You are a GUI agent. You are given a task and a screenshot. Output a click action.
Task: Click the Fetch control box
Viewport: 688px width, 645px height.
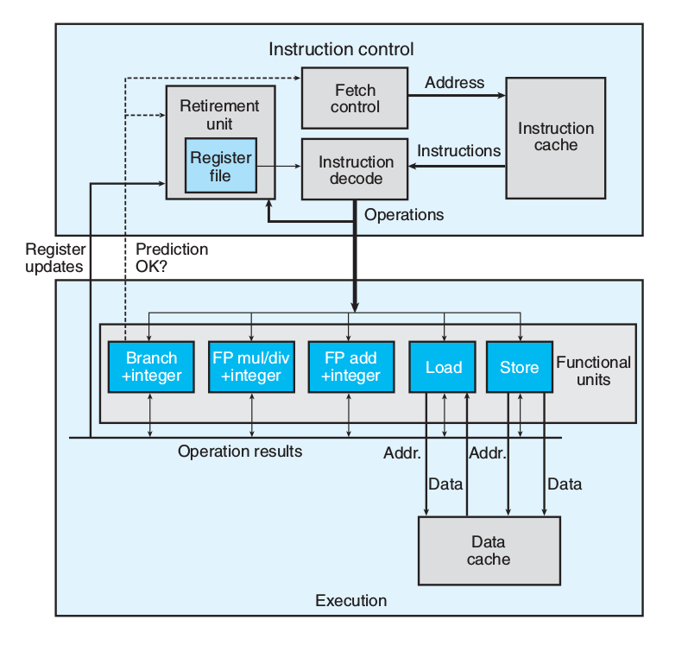(x=355, y=98)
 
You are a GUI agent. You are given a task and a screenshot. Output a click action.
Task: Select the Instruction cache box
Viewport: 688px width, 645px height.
(x=555, y=137)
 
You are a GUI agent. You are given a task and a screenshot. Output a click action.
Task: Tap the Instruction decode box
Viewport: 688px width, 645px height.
(x=356, y=170)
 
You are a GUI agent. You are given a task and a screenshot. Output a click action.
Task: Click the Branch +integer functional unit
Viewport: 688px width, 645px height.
(x=151, y=367)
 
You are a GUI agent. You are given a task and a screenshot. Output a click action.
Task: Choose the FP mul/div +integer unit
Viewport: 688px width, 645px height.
(x=251, y=367)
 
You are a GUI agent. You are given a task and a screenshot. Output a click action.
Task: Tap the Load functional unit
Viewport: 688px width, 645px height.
(x=444, y=367)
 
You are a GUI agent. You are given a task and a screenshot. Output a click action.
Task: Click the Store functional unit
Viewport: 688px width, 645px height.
(x=519, y=367)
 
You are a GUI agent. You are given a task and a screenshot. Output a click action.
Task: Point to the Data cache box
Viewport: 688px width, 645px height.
(x=489, y=551)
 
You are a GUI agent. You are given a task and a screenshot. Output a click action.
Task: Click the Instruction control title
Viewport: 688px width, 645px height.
(x=341, y=49)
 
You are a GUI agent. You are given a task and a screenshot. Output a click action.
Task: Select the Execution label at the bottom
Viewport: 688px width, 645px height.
(x=350, y=600)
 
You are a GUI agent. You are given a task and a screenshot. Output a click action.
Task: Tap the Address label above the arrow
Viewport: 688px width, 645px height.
(x=455, y=83)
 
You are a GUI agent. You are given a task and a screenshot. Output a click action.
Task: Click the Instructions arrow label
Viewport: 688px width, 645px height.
(x=458, y=151)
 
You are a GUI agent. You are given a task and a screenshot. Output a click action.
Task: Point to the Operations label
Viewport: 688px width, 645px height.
(x=404, y=214)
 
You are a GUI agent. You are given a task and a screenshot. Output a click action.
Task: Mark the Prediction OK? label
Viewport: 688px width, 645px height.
(x=172, y=257)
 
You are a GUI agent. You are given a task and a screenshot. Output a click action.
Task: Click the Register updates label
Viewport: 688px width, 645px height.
(x=54, y=257)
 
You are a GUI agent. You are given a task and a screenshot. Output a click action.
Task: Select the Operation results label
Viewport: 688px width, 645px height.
(x=240, y=451)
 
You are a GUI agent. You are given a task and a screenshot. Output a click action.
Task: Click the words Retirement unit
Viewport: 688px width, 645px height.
(x=218, y=115)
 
